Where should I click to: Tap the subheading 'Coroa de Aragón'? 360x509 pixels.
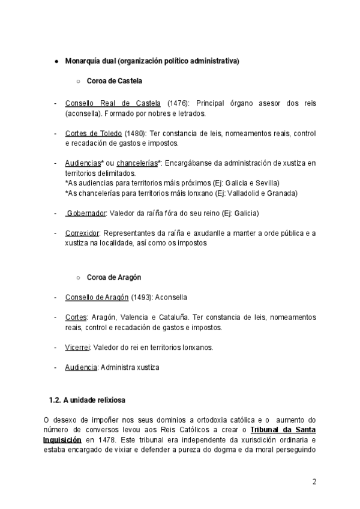(114, 277)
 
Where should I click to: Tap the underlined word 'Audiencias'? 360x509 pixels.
(82, 163)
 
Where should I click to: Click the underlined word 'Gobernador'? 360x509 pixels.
(86, 213)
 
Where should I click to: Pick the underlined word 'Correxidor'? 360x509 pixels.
(83, 233)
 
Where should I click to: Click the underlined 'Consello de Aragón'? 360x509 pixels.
(97, 297)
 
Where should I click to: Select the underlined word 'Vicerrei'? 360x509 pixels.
(77, 347)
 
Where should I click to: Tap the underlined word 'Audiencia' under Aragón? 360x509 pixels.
(81, 367)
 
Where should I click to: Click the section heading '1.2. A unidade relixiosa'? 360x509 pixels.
(87, 399)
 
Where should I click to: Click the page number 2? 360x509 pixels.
(314, 482)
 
